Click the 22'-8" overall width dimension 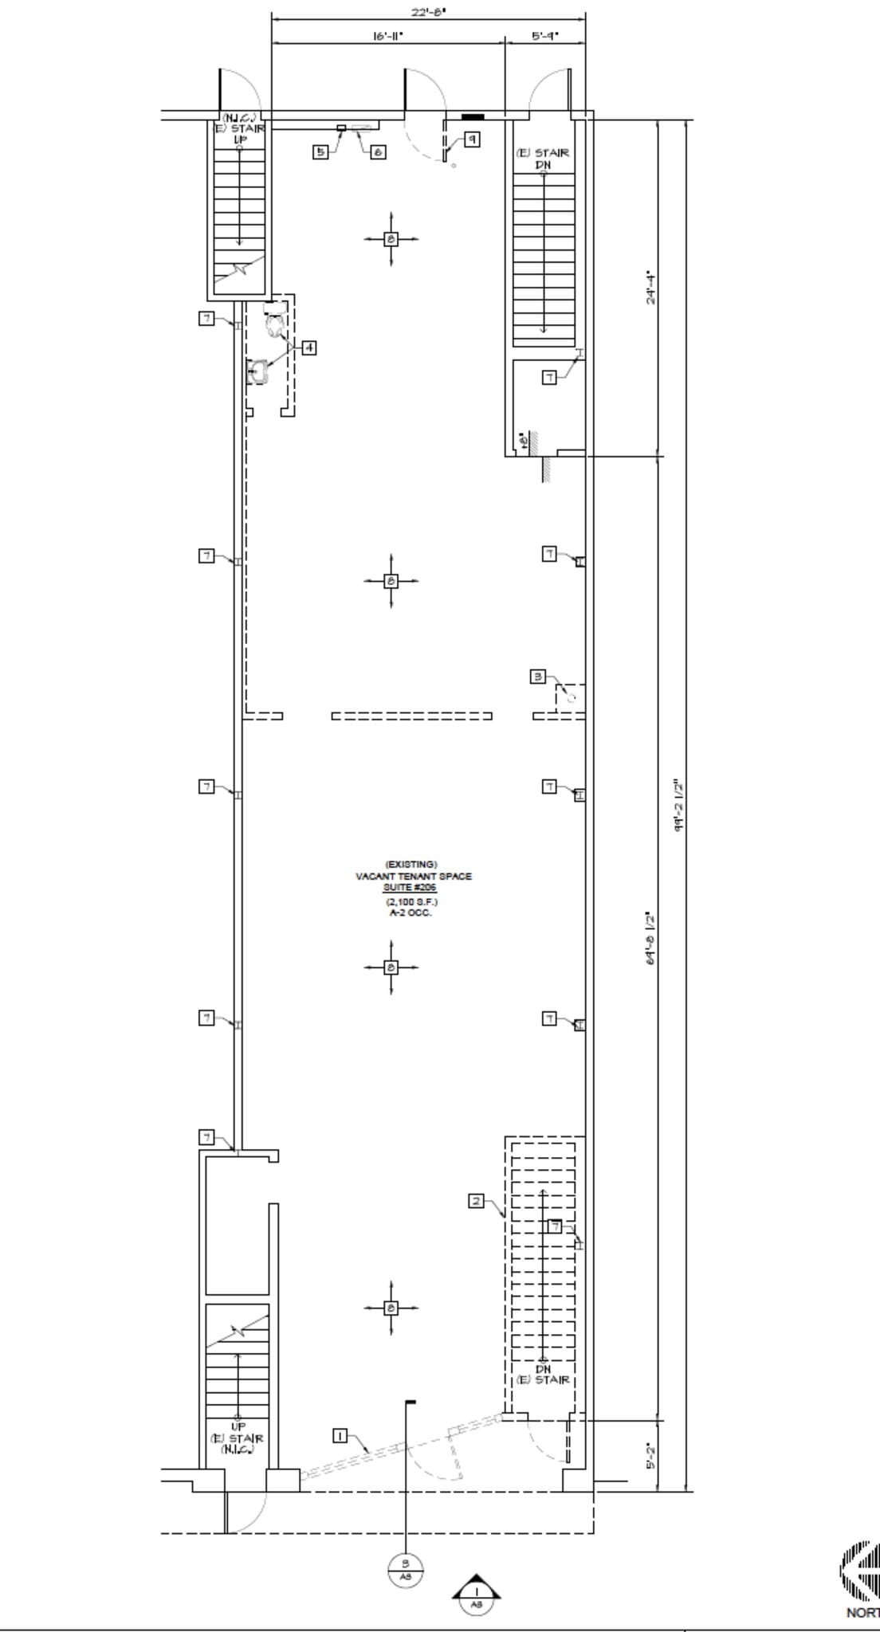(429, 12)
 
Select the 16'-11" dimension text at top (388, 36)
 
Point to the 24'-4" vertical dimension (651, 288)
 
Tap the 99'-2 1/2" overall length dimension (679, 806)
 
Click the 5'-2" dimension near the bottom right (651, 1455)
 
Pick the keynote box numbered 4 (308, 347)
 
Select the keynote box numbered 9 (472, 139)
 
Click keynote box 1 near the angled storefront (340, 1436)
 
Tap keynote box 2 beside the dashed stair (476, 1201)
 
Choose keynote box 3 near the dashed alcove (539, 677)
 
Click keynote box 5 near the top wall (320, 151)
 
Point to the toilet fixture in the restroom (274, 324)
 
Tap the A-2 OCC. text (411, 912)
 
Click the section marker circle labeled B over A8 (406, 1569)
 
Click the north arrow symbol (859, 1569)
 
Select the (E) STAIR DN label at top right (543, 158)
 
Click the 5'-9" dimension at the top (545, 36)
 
